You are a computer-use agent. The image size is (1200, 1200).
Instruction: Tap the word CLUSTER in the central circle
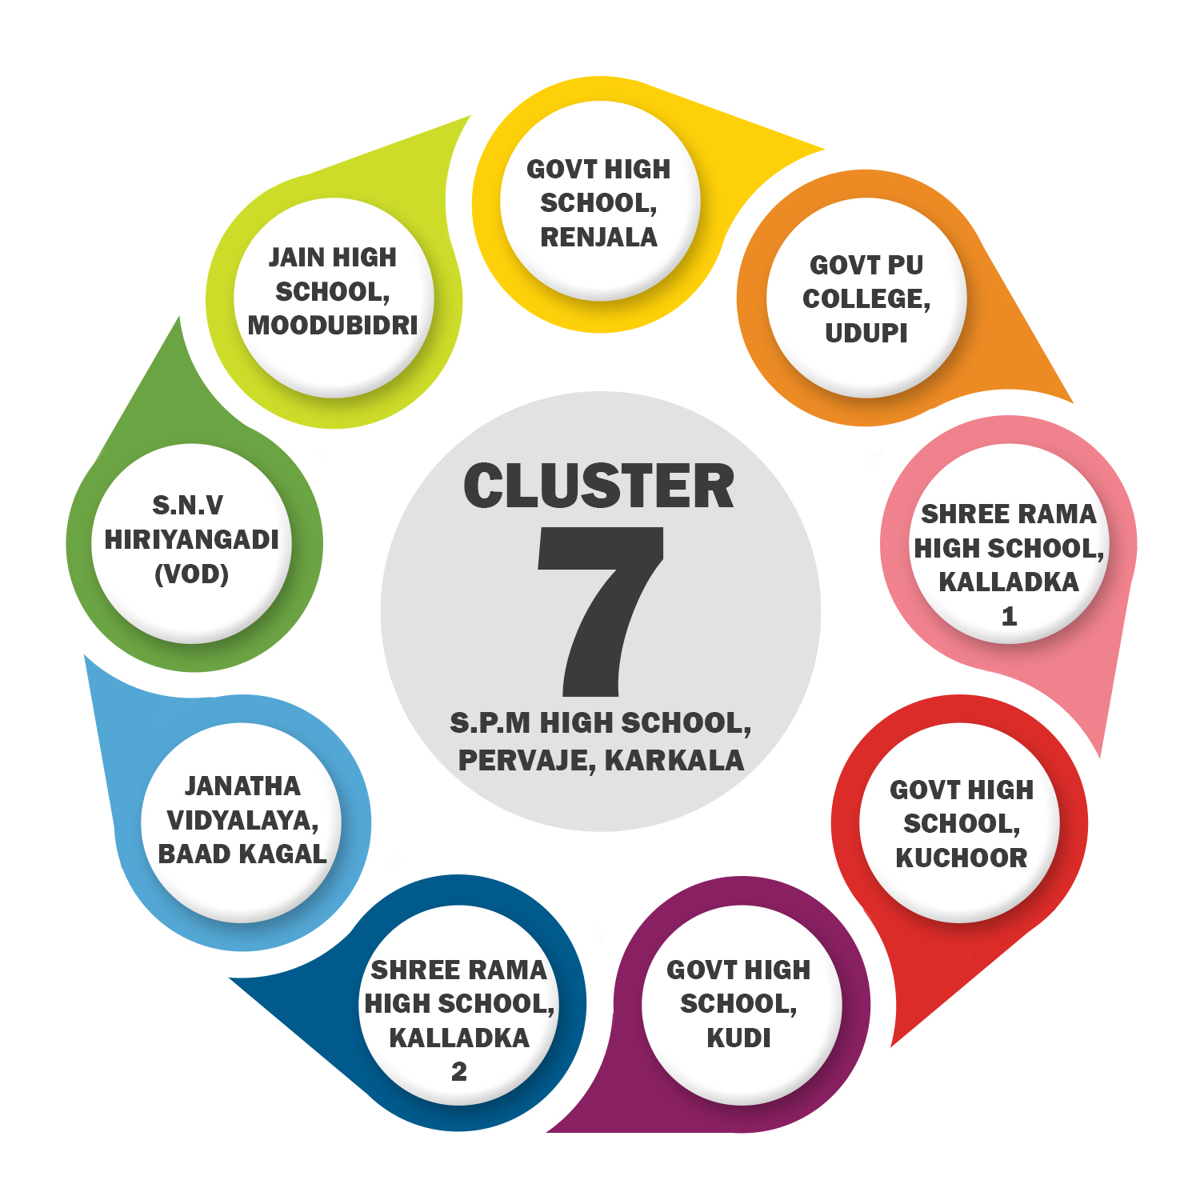(598, 486)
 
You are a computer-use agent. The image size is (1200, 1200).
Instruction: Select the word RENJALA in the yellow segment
(598, 238)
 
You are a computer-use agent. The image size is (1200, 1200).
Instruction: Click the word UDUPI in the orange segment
(866, 333)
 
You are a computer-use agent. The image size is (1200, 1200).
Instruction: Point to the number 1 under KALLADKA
(1009, 616)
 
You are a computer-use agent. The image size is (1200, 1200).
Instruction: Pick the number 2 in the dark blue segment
(458, 1071)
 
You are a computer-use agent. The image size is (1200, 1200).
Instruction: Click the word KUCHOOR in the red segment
(961, 858)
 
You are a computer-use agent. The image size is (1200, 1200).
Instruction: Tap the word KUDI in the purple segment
(738, 1038)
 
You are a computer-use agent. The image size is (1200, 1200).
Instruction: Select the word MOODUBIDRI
(333, 326)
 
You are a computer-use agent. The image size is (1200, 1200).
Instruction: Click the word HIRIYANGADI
(192, 540)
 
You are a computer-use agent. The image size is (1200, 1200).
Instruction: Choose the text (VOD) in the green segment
(192, 574)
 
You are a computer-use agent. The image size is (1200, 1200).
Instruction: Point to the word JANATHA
(242, 786)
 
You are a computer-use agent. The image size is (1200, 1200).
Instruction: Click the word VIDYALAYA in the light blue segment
(240, 821)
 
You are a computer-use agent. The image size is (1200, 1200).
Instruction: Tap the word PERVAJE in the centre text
(526, 760)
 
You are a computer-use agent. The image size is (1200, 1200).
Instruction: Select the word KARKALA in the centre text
(674, 760)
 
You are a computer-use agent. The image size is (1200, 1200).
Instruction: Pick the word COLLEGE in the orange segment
(864, 299)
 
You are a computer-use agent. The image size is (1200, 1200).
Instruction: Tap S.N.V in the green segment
(188, 506)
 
